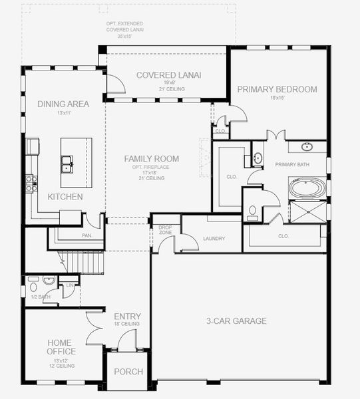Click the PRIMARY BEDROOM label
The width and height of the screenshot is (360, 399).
click(x=277, y=89)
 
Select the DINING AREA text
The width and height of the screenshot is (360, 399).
click(x=63, y=104)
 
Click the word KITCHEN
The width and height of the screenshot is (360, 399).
click(x=65, y=197)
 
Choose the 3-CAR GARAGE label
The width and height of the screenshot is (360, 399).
click(x=236, y=321)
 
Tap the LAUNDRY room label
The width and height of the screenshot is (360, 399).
click(x=214, y=239)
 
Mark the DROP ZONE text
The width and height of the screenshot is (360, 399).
click(x=165, y=230)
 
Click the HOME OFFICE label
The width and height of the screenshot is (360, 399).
click(x=61, y=346)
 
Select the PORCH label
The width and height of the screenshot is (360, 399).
click(x=128, y=372)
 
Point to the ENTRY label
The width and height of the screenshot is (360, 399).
click(x=127, y=317)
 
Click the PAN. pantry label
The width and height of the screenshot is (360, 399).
click(x=87, y=235)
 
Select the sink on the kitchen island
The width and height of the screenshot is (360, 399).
click(x=67, y=162)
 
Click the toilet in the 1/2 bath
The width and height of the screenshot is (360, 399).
click(x=33, y=287)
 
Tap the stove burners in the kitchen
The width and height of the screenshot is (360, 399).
click(x=30, y=183)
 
